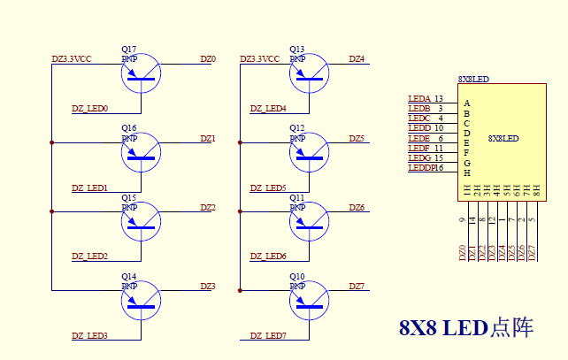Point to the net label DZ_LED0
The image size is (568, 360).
click(x=89, y=109)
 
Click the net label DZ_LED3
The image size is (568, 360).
click(x=89, y=336)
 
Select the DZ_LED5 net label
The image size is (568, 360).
click(x=268, y=188)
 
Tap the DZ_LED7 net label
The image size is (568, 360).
click(x=268, y=336)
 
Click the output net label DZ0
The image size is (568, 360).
click(x=207, y=59)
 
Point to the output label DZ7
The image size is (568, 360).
click(x=357, y=287)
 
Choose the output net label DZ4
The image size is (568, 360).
click(x=357, y=59)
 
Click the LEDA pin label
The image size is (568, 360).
click(x=419, y=98)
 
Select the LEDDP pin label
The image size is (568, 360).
click(x=420, y=167)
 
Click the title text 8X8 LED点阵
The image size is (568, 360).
click(x=466, y=327)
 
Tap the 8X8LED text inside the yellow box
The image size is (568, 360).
click(x=503, y=139)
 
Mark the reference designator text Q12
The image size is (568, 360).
click(x=297, y=128)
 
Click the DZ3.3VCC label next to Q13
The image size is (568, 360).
click(x=259, y=59)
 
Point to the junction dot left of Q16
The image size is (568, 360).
click(x=52, y=142)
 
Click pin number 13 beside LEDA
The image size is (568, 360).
click(x=439, y=98)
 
